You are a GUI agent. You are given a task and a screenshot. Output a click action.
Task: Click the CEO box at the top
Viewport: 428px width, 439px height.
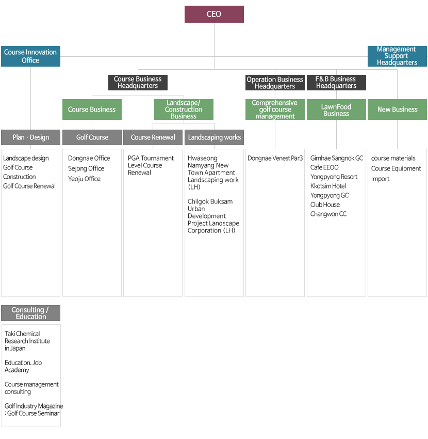214,14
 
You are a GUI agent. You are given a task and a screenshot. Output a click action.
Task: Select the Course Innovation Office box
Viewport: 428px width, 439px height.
30,56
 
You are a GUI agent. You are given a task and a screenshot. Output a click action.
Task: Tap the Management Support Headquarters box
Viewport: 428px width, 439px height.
397,56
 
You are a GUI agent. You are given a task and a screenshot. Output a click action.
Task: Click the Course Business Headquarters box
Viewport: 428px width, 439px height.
138,83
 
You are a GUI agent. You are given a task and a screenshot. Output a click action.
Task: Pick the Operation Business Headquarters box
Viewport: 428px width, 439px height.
275,83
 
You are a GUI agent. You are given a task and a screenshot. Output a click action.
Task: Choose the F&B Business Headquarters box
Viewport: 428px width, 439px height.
336,83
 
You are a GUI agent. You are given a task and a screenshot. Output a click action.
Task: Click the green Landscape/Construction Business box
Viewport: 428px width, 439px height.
184,109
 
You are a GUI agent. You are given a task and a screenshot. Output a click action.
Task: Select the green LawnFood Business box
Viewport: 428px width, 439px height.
336,109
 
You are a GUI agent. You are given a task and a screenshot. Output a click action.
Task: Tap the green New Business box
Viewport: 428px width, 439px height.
397,109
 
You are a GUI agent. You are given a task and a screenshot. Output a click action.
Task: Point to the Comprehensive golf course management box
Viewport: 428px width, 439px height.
275,109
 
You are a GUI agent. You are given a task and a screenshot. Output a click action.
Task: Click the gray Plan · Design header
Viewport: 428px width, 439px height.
31,137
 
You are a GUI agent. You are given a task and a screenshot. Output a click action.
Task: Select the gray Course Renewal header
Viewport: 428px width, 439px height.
153,137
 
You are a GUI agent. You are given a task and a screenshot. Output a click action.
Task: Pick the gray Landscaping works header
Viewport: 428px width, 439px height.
214,137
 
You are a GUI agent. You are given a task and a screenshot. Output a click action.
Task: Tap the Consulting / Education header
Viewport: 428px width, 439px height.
31,313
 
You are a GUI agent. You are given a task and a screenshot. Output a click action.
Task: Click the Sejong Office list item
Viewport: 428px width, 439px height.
86,168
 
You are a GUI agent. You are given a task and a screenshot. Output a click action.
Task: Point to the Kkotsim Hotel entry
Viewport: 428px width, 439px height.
328,186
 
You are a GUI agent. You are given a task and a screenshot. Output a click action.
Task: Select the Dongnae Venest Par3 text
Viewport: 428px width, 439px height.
275,158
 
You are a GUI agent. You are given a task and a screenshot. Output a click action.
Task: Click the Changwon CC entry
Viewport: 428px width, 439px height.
328,214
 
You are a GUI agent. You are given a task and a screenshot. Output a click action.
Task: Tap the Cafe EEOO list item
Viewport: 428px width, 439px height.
324,167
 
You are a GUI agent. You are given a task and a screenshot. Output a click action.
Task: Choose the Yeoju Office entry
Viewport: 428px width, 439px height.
84,179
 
